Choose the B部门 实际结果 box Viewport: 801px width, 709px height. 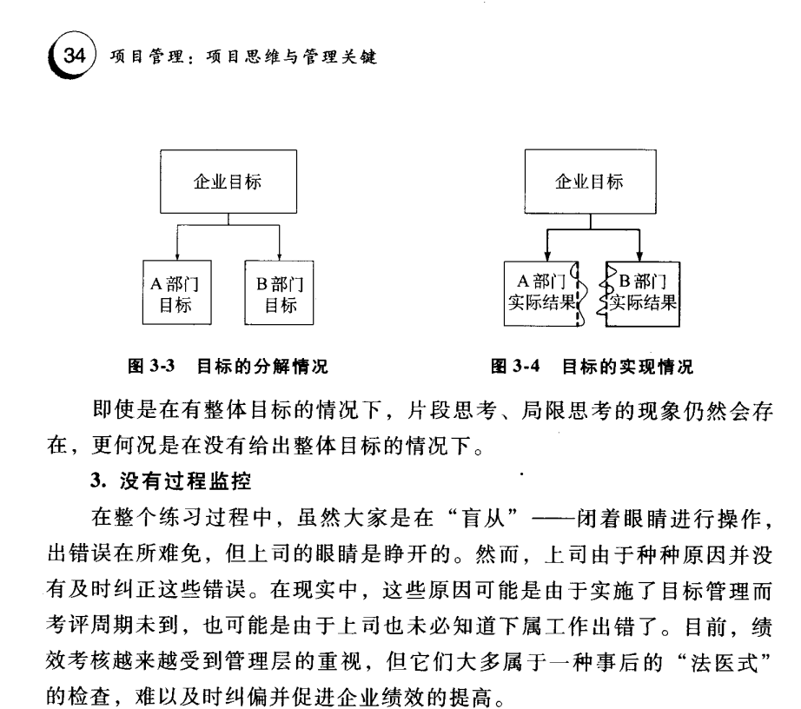coord(643,293)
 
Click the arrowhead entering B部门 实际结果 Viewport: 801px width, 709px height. coord(641,253)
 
